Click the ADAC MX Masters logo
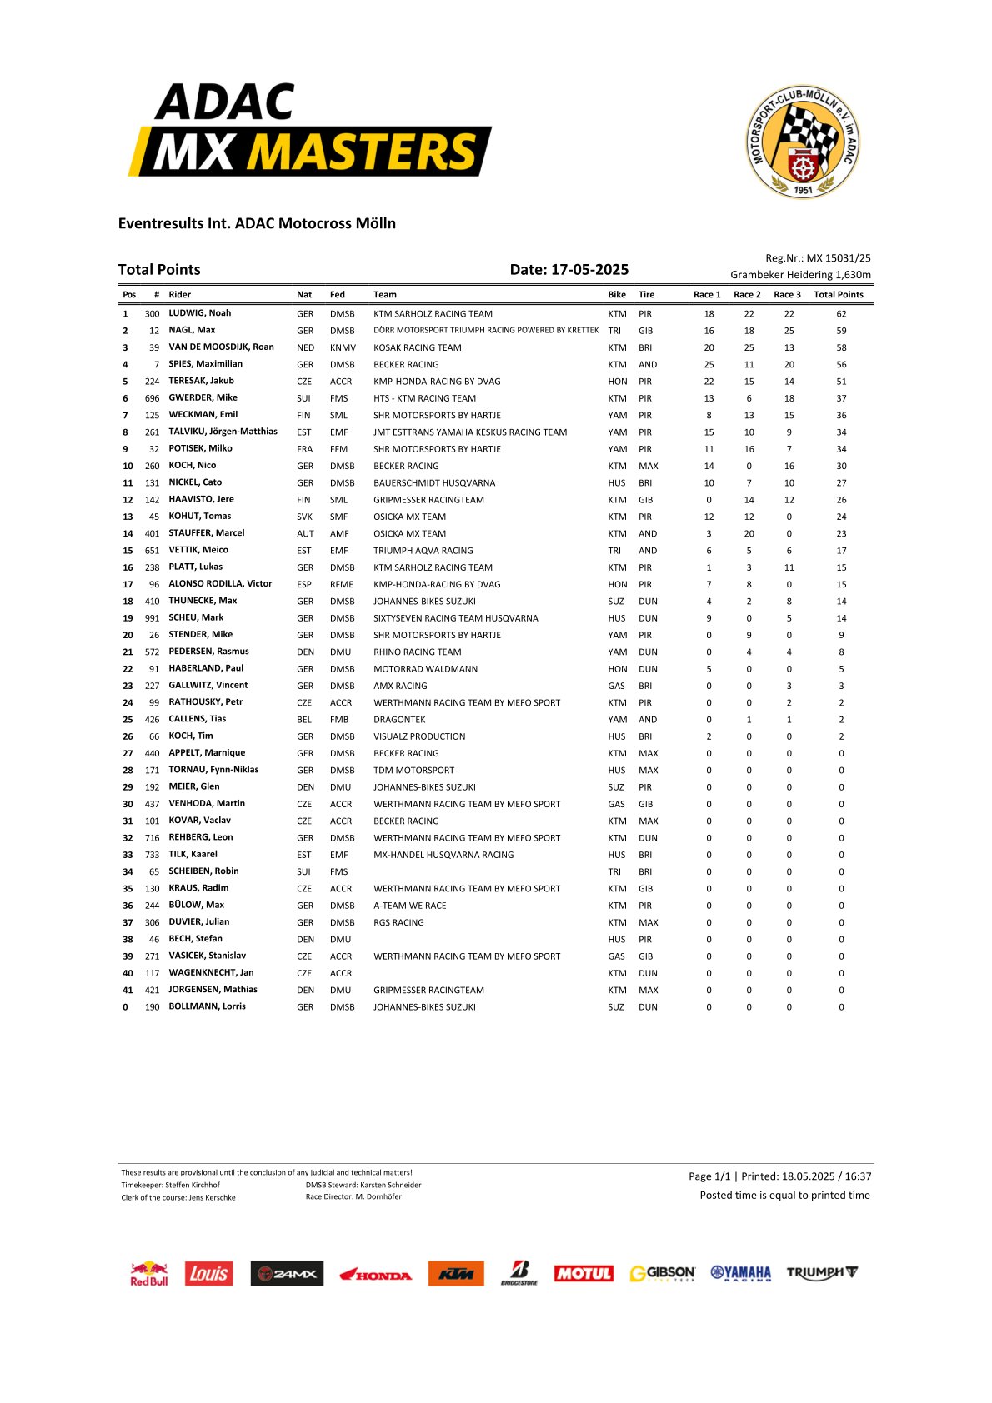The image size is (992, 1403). tap(309, 130)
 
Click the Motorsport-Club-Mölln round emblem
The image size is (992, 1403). tap(802, 142)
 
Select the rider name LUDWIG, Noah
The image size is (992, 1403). tap(200, 313)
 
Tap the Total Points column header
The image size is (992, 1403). tap(838, 294)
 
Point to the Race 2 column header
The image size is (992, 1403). tap(747, 294)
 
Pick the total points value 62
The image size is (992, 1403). tap(841, 314)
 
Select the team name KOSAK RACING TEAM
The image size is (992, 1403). tap(417, 347)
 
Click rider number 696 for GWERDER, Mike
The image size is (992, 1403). tap(152, 398)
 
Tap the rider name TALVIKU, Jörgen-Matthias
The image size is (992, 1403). tap(223, 432)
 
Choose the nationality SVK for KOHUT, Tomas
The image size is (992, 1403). tap(304, 517)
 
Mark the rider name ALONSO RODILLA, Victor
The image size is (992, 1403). tap(220, 584)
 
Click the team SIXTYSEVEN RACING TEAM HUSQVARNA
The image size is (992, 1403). tap(455, 618)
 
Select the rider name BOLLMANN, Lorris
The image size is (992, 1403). tap(207, 1006)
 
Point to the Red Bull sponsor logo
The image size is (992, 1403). tap(149, 1274)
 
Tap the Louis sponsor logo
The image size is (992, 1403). tap(208, 1274)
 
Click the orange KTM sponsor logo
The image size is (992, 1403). tap(456, 1274)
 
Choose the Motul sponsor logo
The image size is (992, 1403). tap(584, 1274)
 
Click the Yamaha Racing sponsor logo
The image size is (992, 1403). tap(740, 1273)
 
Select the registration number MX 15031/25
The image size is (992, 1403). tap(838, 258)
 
